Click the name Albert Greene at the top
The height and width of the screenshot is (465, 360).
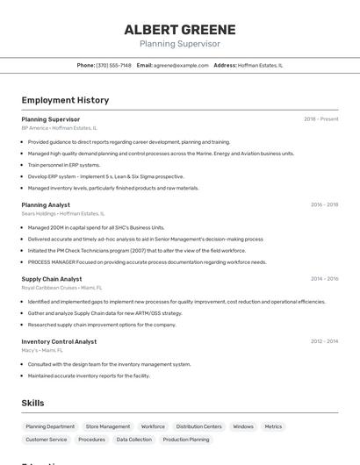pos(179,28)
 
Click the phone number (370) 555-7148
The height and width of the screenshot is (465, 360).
pos(113,65)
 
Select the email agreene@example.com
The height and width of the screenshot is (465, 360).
pos(181,65)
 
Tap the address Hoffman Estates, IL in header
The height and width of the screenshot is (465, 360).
pos(260,65)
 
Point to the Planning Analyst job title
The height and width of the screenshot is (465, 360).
pos(46,204)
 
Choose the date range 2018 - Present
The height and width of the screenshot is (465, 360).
pos(320,119)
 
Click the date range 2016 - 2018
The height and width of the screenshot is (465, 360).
pos(324,204)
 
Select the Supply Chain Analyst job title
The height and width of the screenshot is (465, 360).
pos(52,279)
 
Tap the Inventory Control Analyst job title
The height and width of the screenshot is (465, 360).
pos(59,341)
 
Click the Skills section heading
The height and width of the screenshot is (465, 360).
pos(33,403)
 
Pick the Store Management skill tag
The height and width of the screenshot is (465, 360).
pos(108,426)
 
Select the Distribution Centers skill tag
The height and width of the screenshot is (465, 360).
pos(198,426)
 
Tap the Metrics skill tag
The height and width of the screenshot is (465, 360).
pos(273,426)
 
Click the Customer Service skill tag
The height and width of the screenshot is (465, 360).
pos(47,440)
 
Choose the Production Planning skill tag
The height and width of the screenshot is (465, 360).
pos(186,440)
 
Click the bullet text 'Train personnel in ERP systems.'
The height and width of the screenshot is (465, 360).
pos(64,164)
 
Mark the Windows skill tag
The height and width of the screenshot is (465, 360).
pos(243,426)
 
